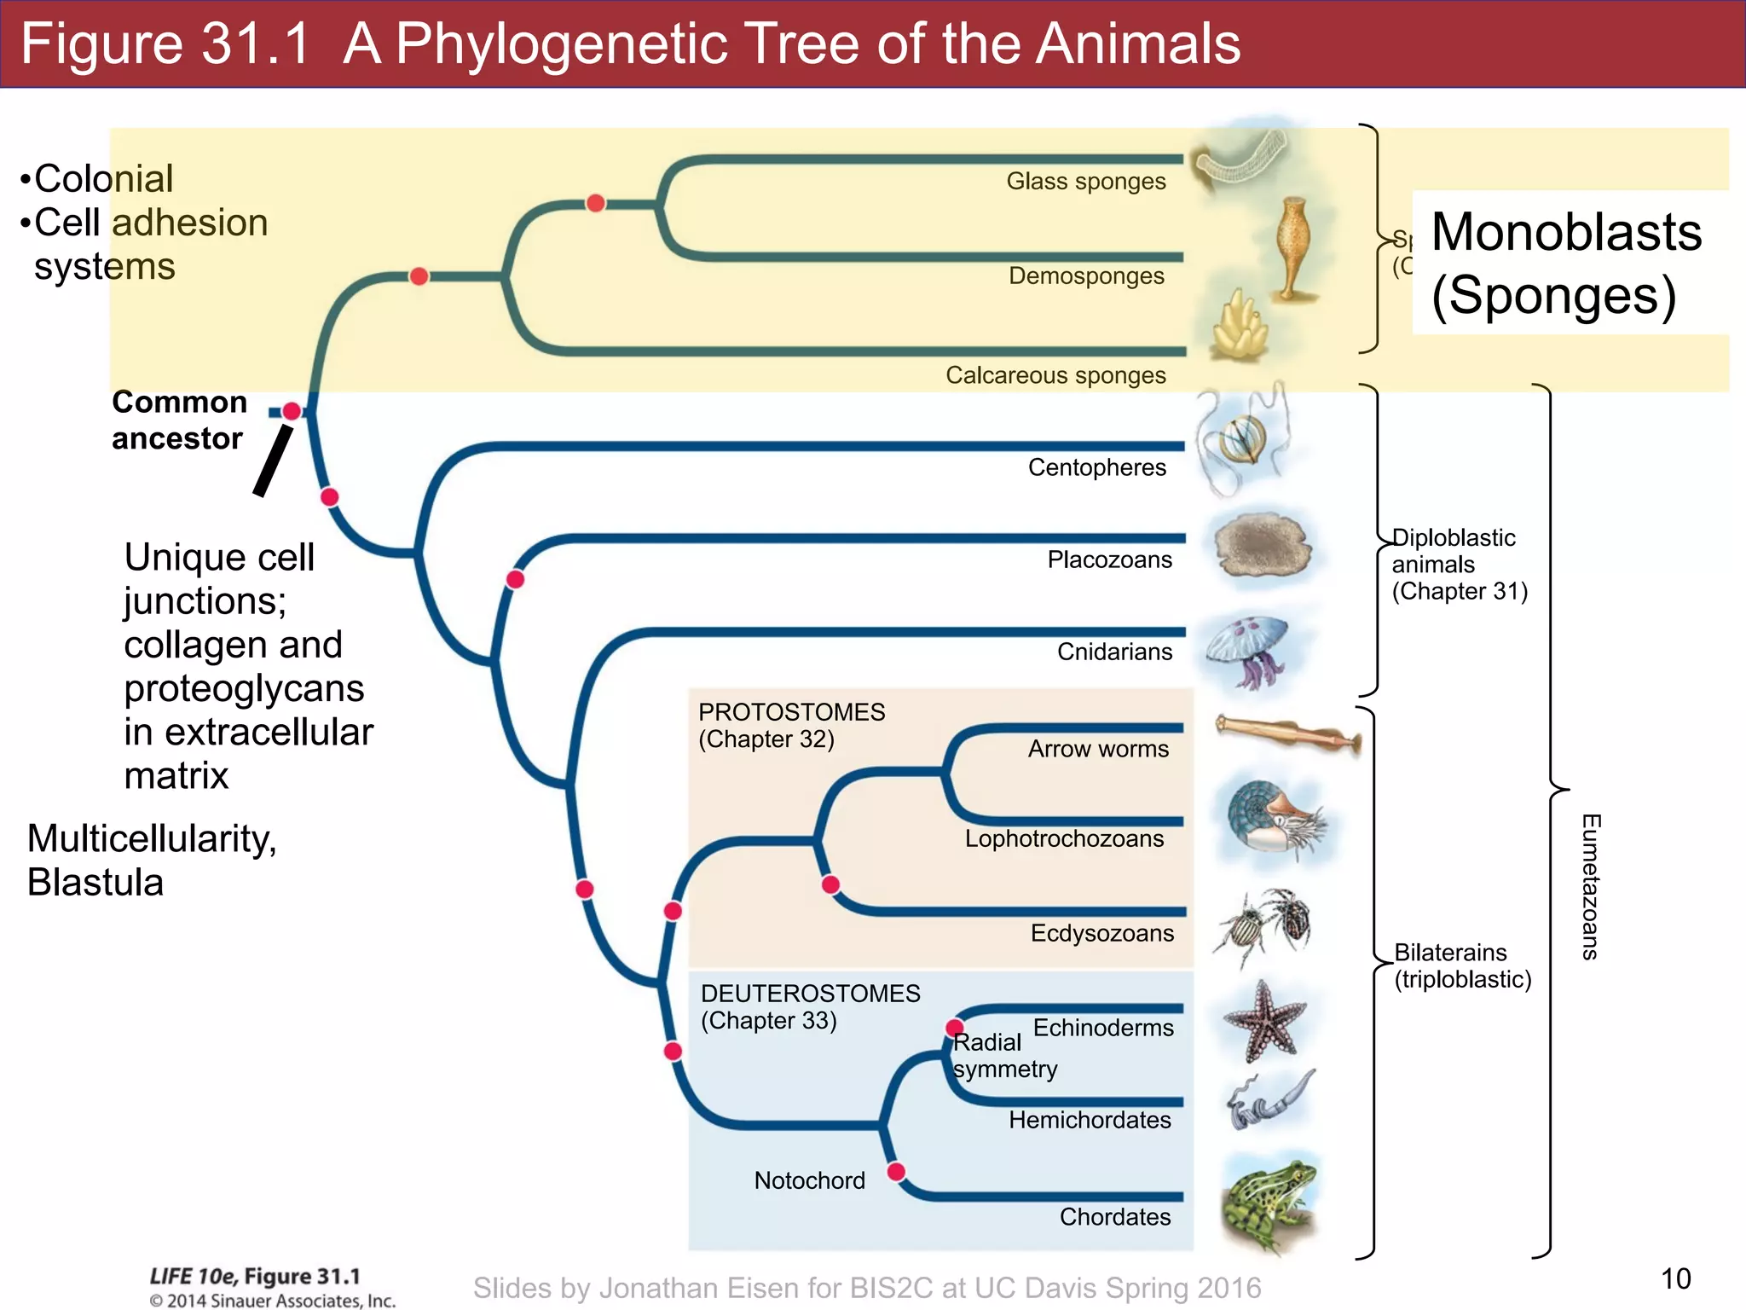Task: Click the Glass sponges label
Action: point(1085,182)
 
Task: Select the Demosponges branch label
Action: point(1086,276)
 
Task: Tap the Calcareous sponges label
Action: point(1055,375)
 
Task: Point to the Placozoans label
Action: point(1109,560)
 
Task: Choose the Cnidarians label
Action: point(1114,652)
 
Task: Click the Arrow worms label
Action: point(1098,749)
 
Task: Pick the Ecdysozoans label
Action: point(1101,934)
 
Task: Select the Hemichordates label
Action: point(1090,1121)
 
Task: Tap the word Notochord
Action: point(809,1181)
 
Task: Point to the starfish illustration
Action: point(1264,1021)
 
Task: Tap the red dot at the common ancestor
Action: point(292,411)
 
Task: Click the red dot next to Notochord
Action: point(896,1172)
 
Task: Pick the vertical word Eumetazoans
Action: point(1590,887)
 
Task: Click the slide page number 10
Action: point(1675,1279)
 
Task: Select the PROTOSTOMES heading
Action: point(791,712)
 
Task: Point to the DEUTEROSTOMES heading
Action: point(810,994)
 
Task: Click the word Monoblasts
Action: point(1566,232)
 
